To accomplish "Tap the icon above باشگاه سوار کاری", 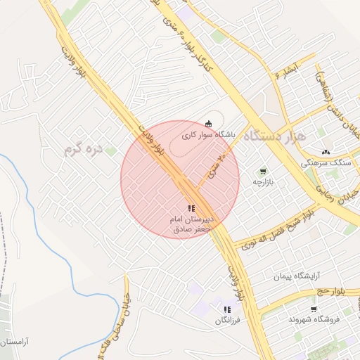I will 207,123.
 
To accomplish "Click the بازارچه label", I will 266,182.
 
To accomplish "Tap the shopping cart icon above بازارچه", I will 263,171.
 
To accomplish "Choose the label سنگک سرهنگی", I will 325,162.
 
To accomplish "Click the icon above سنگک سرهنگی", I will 325,152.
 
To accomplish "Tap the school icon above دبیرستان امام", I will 191,208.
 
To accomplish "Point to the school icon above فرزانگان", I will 226,309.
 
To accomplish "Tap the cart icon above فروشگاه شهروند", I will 314,308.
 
